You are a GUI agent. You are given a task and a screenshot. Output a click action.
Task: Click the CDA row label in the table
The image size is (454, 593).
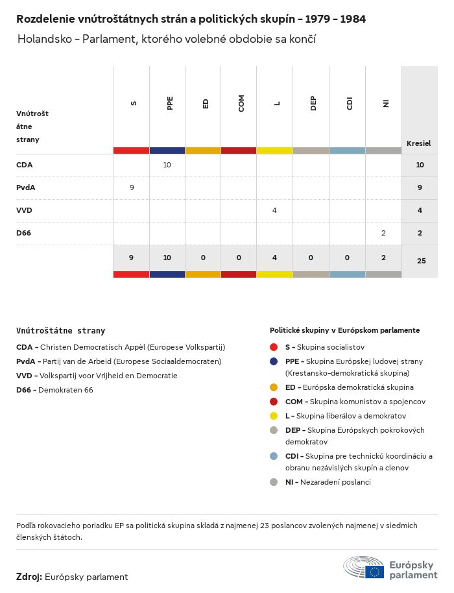point(24,165)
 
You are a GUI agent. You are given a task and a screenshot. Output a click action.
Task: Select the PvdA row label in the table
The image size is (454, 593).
point(26,188)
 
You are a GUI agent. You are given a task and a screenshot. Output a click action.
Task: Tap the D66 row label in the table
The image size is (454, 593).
point(23,233)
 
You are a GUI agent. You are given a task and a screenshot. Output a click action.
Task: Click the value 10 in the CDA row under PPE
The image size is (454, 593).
point(167,165)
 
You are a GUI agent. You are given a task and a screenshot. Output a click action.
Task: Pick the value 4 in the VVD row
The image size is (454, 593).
point(275,210)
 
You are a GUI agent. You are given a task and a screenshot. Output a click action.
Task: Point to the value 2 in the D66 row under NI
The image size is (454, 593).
point(383,233)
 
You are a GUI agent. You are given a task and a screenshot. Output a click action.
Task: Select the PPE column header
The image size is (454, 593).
point(170,103)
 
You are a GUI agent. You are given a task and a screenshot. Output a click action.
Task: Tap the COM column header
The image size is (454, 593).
point(241,103)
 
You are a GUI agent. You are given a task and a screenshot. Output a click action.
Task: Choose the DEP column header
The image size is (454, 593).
point(313,103)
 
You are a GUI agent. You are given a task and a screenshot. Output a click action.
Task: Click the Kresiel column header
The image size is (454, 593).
point(418,143)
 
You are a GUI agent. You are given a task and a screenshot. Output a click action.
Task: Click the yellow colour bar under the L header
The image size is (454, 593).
point(274,151)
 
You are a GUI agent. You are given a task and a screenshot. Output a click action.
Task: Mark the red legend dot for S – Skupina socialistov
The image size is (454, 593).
point(274,347)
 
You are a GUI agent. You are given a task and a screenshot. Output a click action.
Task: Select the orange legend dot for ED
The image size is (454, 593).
point(274,387)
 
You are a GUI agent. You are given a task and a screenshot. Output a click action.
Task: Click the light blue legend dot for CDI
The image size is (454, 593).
point(274,456)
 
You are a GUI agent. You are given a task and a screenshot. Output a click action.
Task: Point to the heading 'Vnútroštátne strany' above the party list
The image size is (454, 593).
point(60,331)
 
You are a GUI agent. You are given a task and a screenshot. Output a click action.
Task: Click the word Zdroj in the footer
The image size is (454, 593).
point(29,577)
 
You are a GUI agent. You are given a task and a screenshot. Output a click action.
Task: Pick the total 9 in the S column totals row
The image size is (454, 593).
point(131,258)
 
